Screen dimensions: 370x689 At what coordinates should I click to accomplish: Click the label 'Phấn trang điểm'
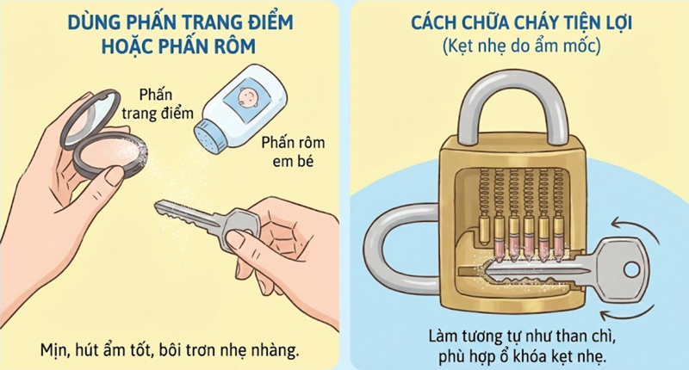point(165,104)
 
